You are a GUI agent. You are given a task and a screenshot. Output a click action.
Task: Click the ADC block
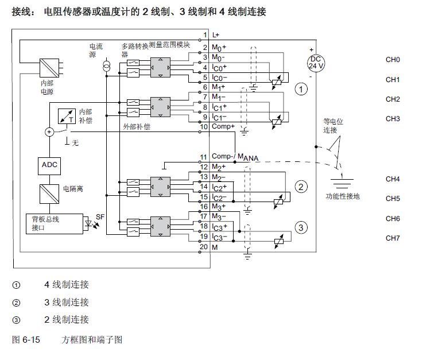(x=49, y=165)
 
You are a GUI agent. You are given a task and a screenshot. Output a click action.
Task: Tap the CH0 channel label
(x=393, y=60)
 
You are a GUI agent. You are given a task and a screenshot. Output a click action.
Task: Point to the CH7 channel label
(x=393, y=238)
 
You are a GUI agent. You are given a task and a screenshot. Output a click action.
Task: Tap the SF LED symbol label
(x=100, y=217)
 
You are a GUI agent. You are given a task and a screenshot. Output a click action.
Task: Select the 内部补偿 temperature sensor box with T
(x=68, y=116)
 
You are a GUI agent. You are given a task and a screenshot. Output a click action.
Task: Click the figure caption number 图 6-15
(x=26, y=340)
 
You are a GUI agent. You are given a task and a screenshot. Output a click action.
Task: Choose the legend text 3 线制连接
(x=67, y=303)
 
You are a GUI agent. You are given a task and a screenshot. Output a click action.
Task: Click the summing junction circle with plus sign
(x=49, y=131)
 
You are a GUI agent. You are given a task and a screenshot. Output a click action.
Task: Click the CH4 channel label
(x=393, y=179)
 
